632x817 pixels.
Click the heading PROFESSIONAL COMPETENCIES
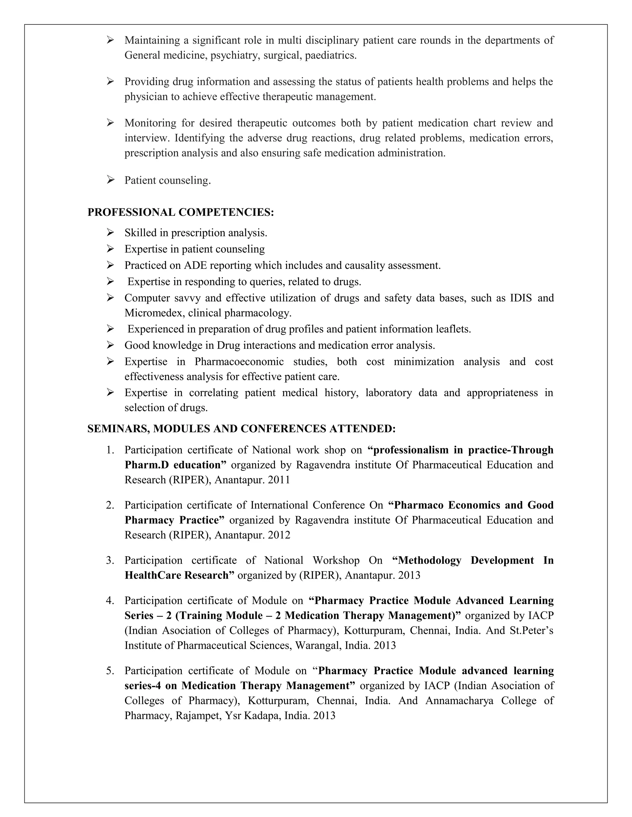tap(181, 212)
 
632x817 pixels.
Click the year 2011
tap(279, 480)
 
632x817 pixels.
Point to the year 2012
tap(279, 535)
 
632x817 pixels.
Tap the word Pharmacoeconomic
tap(239, 362)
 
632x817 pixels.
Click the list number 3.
tap(110, 560)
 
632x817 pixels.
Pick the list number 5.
tap(110, 671)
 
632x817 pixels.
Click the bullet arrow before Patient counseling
tap(110, 180)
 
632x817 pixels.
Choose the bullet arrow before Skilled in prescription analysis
tap(110, 233)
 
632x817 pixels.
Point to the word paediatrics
tap(331, 55)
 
